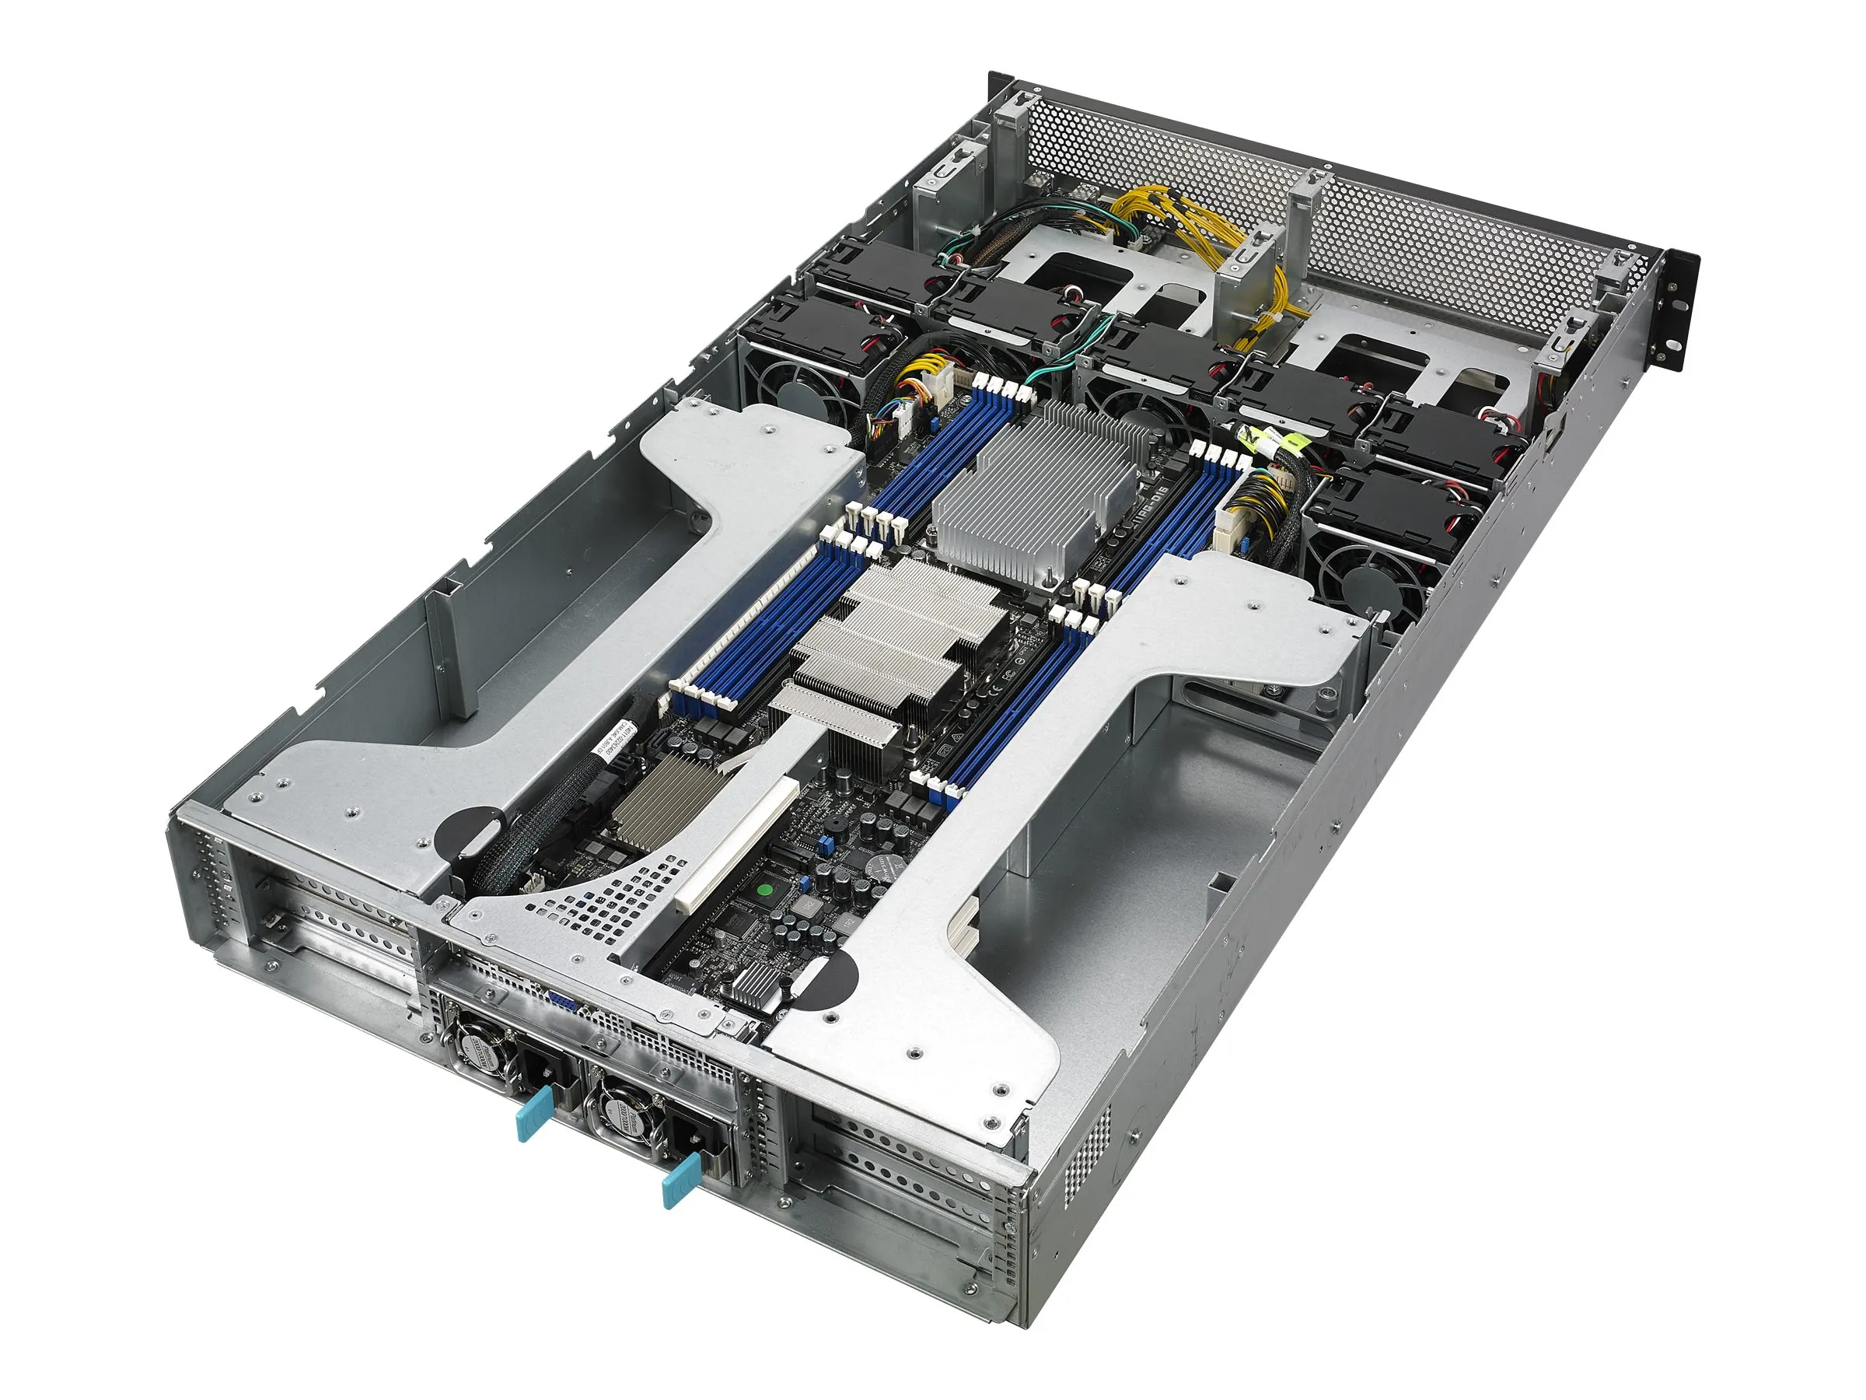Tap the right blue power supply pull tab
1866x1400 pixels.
pos(682,1180)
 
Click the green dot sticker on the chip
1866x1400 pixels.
pos(766,890)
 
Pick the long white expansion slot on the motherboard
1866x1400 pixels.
pos(736,847)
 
